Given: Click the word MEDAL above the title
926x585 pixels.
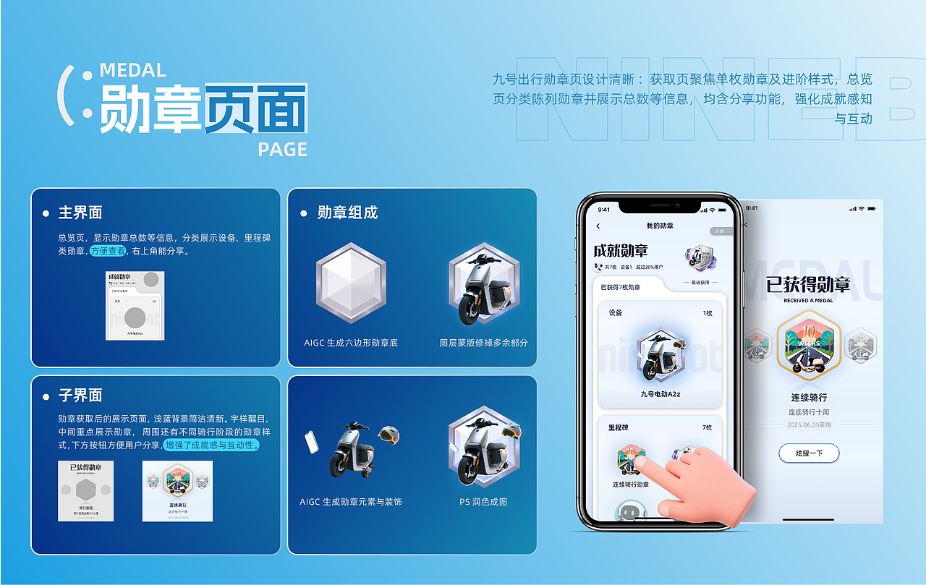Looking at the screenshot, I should coord(132,70).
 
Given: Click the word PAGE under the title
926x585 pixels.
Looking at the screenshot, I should coord(282,150).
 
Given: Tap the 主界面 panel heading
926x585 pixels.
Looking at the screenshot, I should coord(80,213).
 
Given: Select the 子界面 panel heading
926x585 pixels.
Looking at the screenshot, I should coord(80,395).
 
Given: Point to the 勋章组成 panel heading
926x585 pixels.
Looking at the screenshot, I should coord(347,213).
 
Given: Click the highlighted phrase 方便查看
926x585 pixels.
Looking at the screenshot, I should coord(108,251).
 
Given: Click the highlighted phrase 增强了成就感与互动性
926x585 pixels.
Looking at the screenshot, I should coord(211,445).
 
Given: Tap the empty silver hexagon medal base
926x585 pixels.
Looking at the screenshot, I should coord(351,283).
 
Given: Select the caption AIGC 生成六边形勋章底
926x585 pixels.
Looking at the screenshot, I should coord(351,343).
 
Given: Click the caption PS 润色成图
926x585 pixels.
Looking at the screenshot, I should coord(483,502).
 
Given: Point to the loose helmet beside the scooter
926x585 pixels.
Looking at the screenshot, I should coord(388,435).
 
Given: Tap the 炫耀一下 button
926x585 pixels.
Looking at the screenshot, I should coord(809,453).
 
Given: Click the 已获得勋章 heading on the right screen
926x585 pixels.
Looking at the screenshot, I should coord(809,284).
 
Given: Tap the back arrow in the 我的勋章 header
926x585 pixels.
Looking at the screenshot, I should coord(598,226).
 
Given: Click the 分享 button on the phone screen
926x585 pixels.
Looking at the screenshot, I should coord(718,231).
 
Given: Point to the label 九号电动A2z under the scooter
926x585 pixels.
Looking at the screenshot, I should coord(660,394).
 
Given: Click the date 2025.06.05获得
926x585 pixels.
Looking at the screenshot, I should coord(809,425).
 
